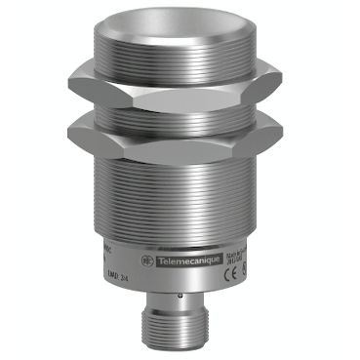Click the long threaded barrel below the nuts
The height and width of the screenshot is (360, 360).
[180, 210]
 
